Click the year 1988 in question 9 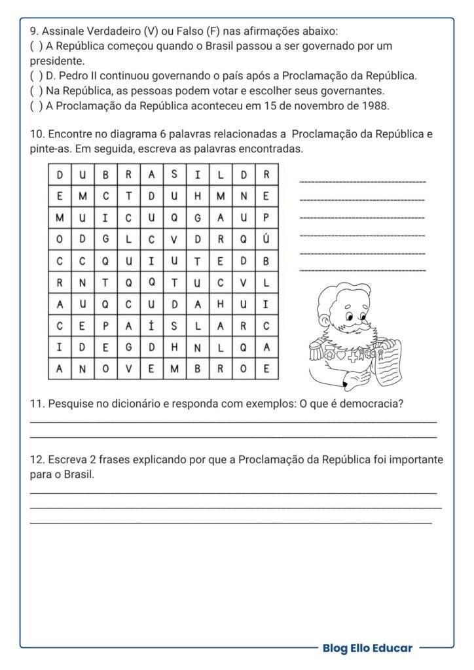375,106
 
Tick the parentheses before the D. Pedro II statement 35,76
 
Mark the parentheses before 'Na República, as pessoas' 35,91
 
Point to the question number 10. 36,134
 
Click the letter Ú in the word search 266,239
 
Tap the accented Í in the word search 151,325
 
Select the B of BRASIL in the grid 105,175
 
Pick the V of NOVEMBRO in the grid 128,368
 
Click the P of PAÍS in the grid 105,325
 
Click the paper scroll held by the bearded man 391,362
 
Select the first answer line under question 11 233,422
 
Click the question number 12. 36,460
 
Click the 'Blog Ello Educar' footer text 367,648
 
